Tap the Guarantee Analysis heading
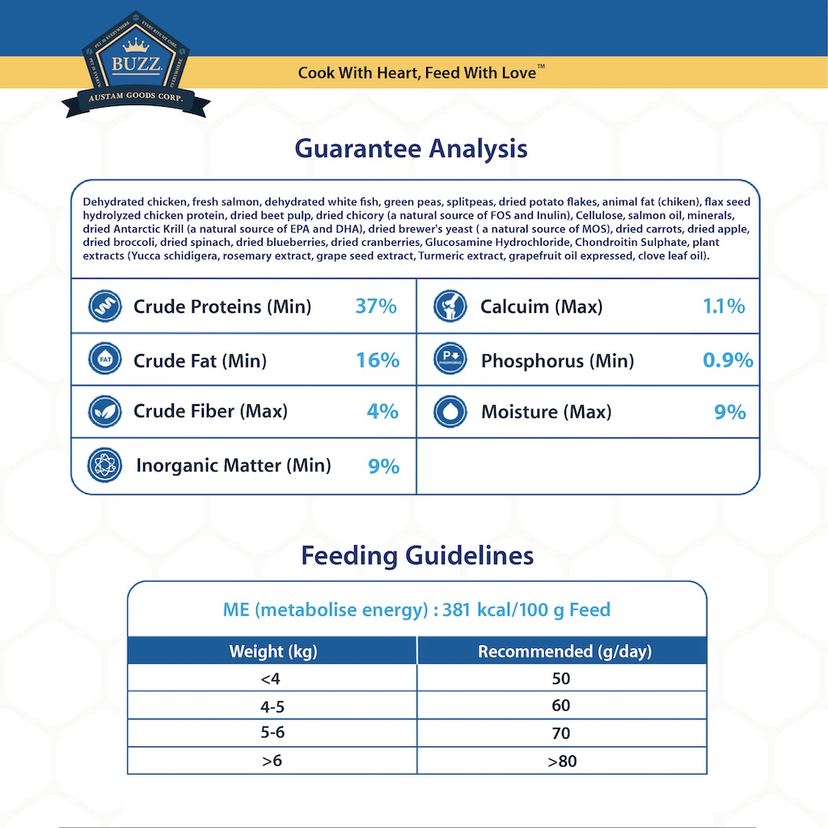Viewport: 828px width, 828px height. [411, 149]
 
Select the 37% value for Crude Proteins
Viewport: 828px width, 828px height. [376, 306]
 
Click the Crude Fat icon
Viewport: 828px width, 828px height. [105, 360]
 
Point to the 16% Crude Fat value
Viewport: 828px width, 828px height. [378, 361]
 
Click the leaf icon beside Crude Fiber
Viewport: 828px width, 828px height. [105, 412]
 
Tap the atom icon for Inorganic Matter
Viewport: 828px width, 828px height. [105, 466]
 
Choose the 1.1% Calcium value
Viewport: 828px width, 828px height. [724, 306]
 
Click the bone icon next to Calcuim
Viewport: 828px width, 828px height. [450, 306]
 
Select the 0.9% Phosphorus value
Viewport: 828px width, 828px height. [728, 361]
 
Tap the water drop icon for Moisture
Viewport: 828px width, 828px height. [450, 412]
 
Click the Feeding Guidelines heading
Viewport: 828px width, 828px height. [417, 556]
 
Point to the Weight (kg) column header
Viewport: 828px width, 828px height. [273, 652]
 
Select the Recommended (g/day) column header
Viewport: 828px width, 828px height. [564, 652]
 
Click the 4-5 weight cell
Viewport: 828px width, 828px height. [272, 707]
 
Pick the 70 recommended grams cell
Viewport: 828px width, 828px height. [561, 734]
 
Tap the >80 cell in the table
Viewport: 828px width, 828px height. [561, 761]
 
